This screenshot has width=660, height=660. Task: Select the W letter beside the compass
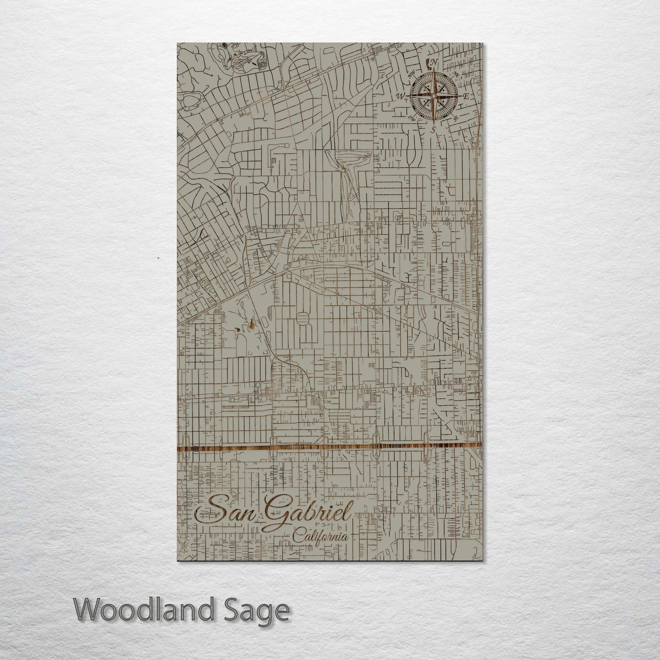point(402,95)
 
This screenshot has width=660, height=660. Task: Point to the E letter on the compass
point(466,96)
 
